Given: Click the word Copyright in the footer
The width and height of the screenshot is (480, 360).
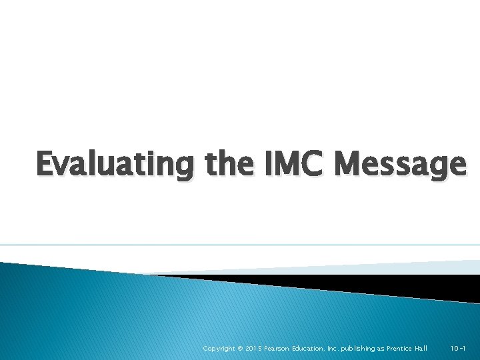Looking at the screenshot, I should [218, 349].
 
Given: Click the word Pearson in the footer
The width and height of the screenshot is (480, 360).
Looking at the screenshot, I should [282, 349].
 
